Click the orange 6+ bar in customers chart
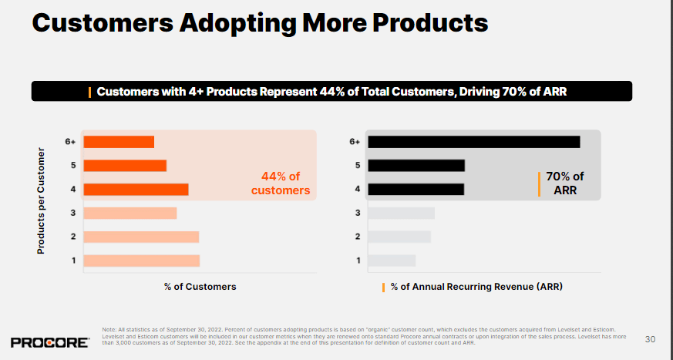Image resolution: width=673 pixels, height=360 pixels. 119,142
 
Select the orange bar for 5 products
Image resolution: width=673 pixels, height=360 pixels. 125,166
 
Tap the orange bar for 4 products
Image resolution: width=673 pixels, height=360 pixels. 136,190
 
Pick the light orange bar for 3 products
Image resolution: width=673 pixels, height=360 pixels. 130,214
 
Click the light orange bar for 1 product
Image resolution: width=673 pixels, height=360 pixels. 142,261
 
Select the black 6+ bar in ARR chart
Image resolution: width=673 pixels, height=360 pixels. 473,142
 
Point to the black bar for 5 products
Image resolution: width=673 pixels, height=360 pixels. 416,166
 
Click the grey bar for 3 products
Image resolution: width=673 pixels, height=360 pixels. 401,214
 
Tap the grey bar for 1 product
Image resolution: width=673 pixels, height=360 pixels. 392,261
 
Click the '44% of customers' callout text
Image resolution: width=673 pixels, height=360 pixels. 281,183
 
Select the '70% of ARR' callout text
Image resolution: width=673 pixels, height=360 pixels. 565,183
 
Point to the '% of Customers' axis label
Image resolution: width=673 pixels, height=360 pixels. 200,287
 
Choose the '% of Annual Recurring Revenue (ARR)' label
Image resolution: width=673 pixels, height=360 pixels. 476,287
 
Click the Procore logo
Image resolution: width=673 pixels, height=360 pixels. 50,341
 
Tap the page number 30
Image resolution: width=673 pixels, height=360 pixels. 650,339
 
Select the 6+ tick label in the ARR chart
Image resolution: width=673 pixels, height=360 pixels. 355,142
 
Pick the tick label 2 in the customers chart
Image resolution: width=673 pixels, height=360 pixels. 73,237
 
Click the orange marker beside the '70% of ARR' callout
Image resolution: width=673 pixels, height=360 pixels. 539,183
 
